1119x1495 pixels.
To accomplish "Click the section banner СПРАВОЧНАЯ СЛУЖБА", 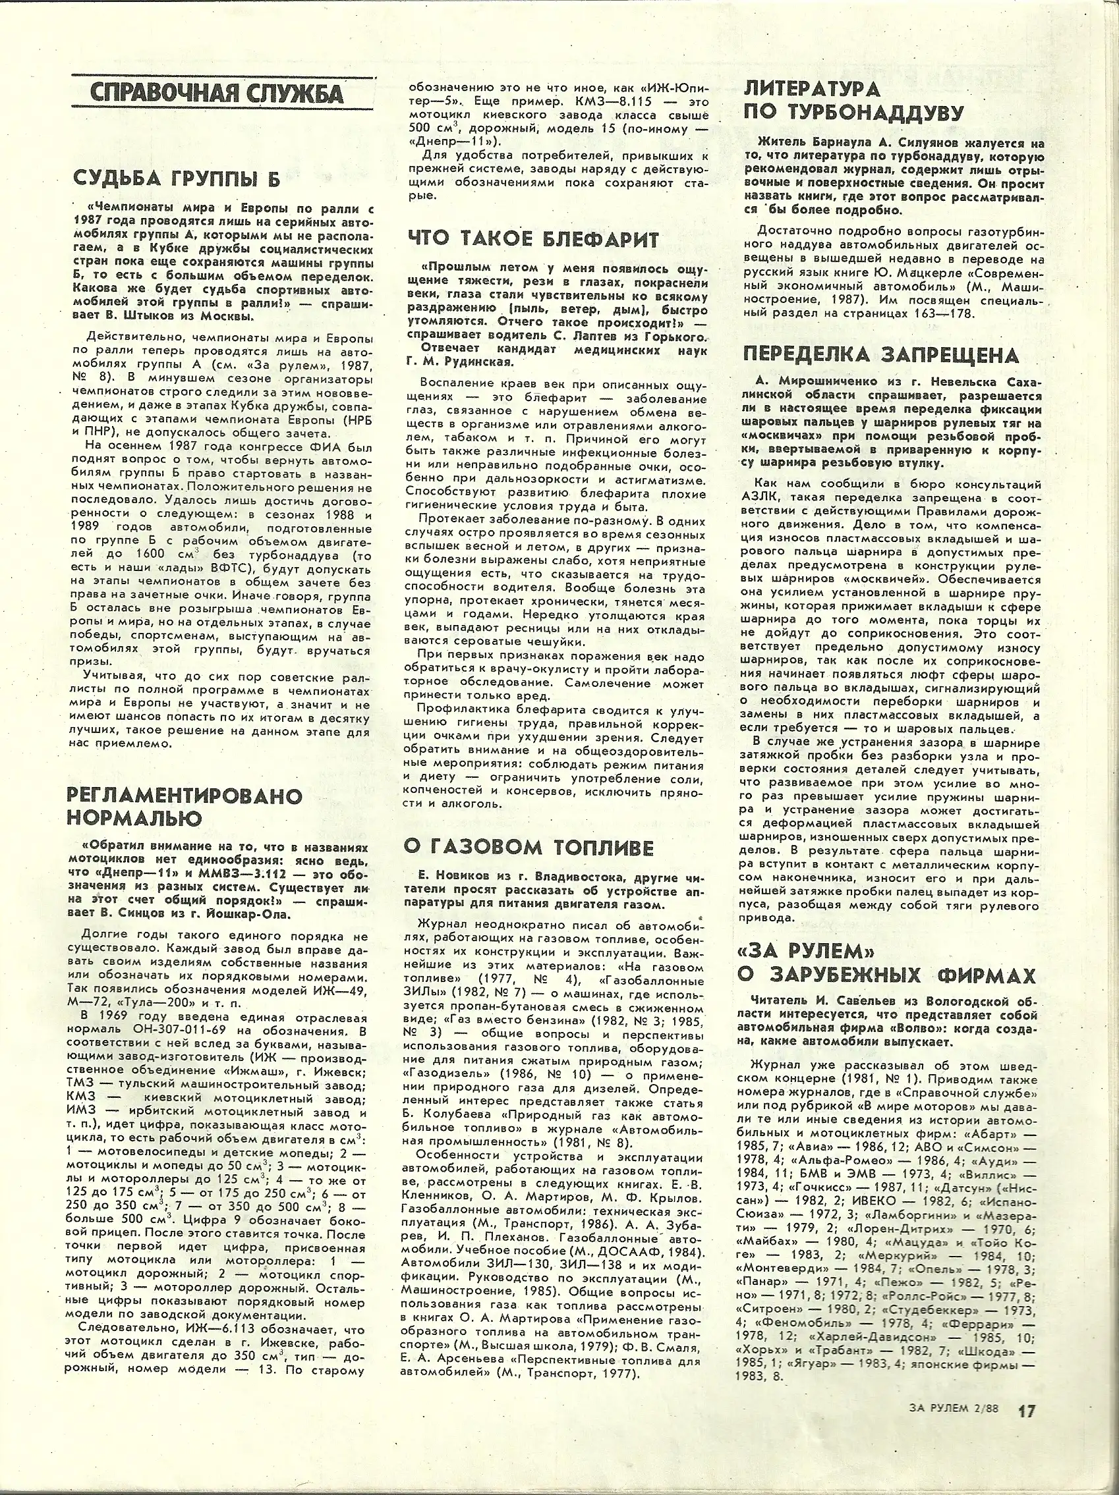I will pyautogui.click(x=216, y=94).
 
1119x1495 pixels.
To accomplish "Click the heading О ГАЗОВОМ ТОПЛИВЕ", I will pyautogui.click(x=529, y=847).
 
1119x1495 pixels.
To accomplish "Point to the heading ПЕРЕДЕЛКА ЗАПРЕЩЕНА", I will pyautogui.click(x=880, y=356).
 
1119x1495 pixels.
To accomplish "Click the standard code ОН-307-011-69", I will pyautogui.click(x=229, y=1031).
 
